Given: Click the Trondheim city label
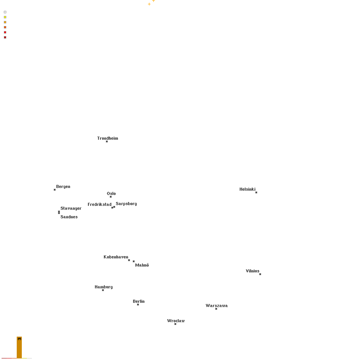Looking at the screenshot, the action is pyautogui.click(x=107, y=138).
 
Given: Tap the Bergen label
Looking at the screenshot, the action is pyautogui.click(x=63, y=187).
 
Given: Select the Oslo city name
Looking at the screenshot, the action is pyautogui.click(x=111, y=193).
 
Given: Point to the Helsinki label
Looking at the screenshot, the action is pyautogui.click(x=247, y=189).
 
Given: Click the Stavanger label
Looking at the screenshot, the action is pyautogui.click(x=71, y=209).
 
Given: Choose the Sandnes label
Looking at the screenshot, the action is pyautogui.click(x=69, y=217).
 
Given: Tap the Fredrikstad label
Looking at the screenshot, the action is pyautogui.click(x=99, y=204).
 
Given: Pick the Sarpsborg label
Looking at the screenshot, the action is pyautogui.click(x=126, y=204).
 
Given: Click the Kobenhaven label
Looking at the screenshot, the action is pyautogui.click(x=116, y=257).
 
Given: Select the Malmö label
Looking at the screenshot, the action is pyautogui.click(x=142, y=265).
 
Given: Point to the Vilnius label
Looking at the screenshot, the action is pyautogui.click(x=252, y=271).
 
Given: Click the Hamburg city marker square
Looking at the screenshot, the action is pyautogui.click(x=103, y=290).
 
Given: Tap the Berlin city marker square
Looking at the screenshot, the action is pyautogui.click(x=138, y=305).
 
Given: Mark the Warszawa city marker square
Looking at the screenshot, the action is pyautogui.click(x=216, y=309).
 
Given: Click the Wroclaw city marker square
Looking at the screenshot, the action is pyautogui.click(x=176, y=324).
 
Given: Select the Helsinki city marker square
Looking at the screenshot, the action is pyautogui.click(x=256, y=193).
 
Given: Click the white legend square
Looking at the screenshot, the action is pyautogui.click(x=5, y=12).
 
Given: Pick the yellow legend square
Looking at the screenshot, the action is pyautogui.click(x=5, y=17).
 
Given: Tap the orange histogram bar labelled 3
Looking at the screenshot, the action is pyautogui.click(x=19, y=348).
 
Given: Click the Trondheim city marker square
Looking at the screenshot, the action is pyautogui.click(x=107, y=142).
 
